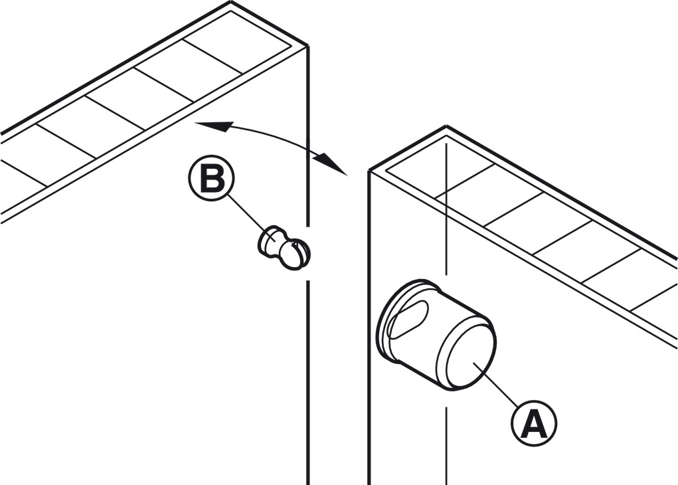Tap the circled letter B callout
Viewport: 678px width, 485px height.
pos(211,180)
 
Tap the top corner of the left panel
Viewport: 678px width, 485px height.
pos(307,47)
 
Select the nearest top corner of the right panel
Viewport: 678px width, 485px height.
pos(369,171)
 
